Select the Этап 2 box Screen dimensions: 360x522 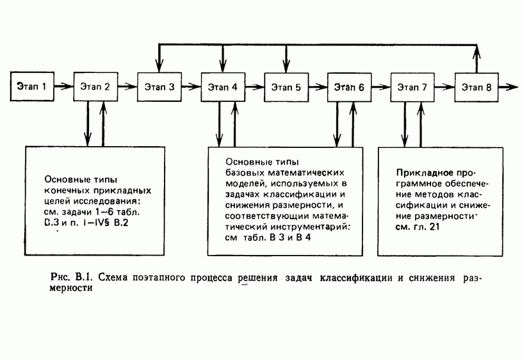click(x=95, y=86)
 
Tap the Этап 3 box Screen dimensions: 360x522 click(x=159, y=86)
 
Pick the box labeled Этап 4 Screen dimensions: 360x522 click(x=222, y=86)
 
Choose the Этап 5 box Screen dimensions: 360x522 click(x=286, y=86)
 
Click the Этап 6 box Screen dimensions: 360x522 click(x=349, y=86)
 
